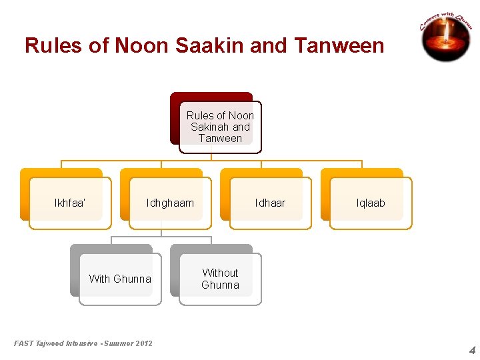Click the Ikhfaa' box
click(70, 203)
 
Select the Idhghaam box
click(170, 203)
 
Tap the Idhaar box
click(270, 203)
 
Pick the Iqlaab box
click(371, 203)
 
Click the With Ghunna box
click(120, 279)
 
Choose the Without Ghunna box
click(220, 279)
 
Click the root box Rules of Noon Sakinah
click(220, 127)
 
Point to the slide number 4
click(472, 350)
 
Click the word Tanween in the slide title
click(339, 46)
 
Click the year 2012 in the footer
click(143, 343)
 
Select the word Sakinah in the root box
click(210, 127)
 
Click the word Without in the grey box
click(220, 273)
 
